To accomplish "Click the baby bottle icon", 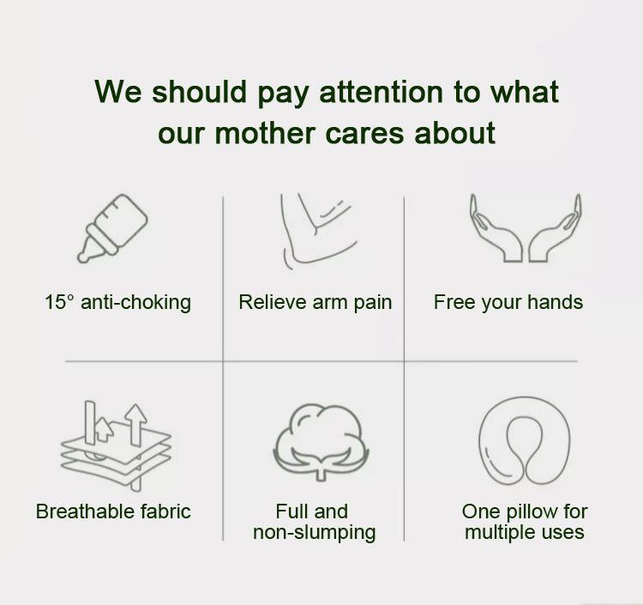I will click(x=113, y=227).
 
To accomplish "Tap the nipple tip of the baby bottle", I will click(x=84, y=255).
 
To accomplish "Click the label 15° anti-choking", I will click(x=117, y=302).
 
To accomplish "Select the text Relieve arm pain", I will click(x=315, y=302).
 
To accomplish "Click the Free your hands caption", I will click(x=508, y=302).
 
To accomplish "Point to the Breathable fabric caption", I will click(x=113, y=511).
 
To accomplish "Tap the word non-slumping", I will click(x=314, y=532).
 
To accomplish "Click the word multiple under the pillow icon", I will click(x=498, y=532).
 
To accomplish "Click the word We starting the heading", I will click(x=118, y=91).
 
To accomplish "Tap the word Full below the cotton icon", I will click(x=291, y=511).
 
